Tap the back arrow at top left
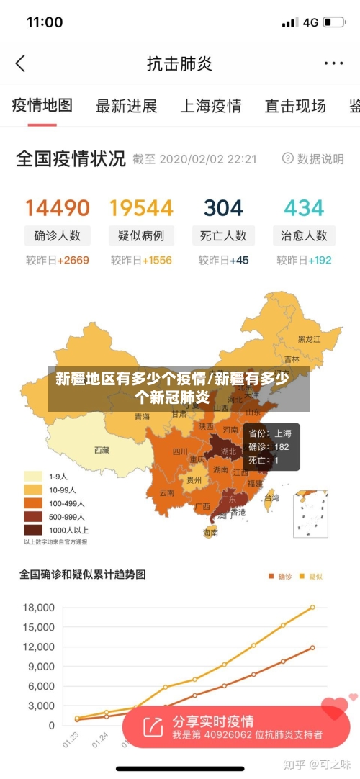tap(20, 63)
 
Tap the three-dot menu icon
tap(333, 63)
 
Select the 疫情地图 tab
tap(42, 106)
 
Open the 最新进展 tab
tap(127, 107)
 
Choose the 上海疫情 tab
tap(210, 107)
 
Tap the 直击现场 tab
tap(295, 107)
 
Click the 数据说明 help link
tap(313, 158)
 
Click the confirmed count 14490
tap(58, 208)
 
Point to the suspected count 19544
tap(141, 208)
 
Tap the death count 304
tap(223, 208)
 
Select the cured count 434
tap(304, 208)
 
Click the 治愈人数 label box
tap(304, 235)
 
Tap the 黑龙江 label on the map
tap(310, 338)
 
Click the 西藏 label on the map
tap(102, 450)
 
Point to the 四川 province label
tap(180, 452)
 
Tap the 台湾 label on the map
tap(271, 497)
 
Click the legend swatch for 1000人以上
tap(33, 530)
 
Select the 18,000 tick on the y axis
tap(39, 608)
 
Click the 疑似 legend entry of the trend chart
tap(312, 576)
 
